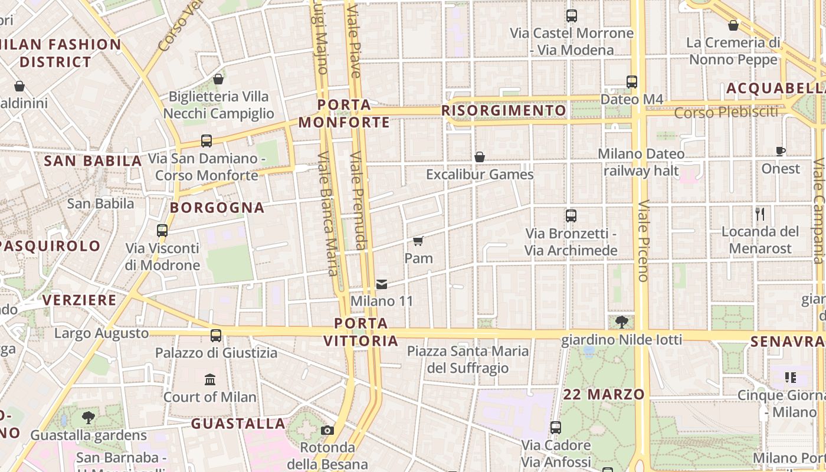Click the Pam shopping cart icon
pyautogui.click(x=418, y=241)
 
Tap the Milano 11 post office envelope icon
pyautogui.click(x=382, y=284)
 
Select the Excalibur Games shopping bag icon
pyautogui.click(x=480, y=157)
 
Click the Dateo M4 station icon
pyautogui.click(x=632, y=82)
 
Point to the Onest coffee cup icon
pyautogui.click(x=781, y=152)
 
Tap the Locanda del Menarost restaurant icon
pyautogui.click(x=760, y=214)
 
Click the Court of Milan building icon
pyautogui.click(x=210, y=379)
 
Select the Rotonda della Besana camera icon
pyautogui.click(x=327, y=431)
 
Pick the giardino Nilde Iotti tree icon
pyautogui.click(x=621, y=322)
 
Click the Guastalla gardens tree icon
pyautogui.click(x=88, y=418)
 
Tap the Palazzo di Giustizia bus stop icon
pyautogui.click(x=216, y=336)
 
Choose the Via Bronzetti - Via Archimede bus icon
pyautogui.click(x=571, y=216)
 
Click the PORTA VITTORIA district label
pyautogui.click(x=360, y=332)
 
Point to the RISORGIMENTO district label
pyautogui.click(x=503, y=110)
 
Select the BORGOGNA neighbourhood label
pyautogui.click(x=217, y=208)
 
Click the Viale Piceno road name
pyautogui.click(x=643, y=241)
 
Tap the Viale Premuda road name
pyautogui.click(x=358, y=201)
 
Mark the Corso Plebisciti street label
pyautogui.click(x=726, y=112)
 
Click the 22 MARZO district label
pyautogui.click(x=603, y=394)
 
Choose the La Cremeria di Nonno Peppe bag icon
pyautogui.click(x=733, y=25)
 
